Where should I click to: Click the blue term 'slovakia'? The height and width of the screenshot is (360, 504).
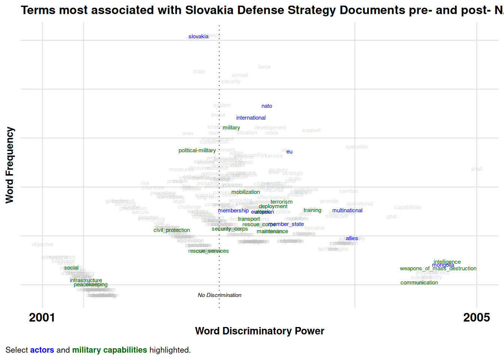tap(198, 36)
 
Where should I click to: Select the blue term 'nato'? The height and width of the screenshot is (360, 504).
tap(267, 106)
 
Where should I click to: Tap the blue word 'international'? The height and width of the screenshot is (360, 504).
tap(251, 118)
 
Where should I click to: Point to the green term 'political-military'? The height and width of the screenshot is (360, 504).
tap(197, 150)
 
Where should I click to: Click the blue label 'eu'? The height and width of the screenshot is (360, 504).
tap(289, 152)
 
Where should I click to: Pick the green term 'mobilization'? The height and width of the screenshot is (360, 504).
tap(246, 192)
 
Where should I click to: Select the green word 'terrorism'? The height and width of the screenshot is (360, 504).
tap(282, 202)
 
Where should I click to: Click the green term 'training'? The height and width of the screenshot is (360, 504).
tap(312, 210)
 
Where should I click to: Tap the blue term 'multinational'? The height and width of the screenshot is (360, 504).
tap(347, 210)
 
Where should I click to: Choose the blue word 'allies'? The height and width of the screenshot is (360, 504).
tap(352, 238)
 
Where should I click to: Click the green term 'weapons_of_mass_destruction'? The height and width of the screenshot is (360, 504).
tap(438, 268)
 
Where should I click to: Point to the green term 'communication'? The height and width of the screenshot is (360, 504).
tap(419, 283)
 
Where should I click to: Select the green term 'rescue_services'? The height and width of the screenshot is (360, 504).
tap(208, 251)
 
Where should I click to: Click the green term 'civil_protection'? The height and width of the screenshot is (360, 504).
tap(172, 230)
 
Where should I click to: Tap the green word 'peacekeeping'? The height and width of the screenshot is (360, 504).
tap(91, 285)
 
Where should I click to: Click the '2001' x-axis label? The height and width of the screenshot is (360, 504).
tap(42, 318)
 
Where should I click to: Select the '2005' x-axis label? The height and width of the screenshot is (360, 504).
tap(477, 318)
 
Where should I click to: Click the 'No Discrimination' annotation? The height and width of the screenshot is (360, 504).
tap(220, 295)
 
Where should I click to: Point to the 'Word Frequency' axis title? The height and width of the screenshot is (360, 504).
tap(10, 165)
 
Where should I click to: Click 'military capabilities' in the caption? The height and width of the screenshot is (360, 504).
tap(109, 350)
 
